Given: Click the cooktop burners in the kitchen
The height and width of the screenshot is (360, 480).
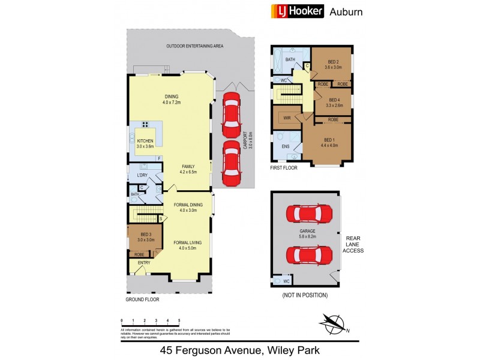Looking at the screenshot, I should click(x=145, y=125).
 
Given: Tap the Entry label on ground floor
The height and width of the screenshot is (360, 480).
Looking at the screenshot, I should click(x=144, y=263).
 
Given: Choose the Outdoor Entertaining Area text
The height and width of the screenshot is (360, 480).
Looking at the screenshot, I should click(x=194, y=46).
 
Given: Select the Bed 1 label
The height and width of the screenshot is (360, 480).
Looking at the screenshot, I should click(x=329, y=142).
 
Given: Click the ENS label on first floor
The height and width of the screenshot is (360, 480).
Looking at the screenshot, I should click(x=286, y=146).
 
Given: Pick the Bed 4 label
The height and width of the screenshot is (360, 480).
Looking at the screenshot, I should click(x=334, y=102).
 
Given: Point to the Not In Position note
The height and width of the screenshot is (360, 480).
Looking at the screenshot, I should click(x=304, y=295).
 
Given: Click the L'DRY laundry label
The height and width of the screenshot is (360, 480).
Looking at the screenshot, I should click(x=142, y=175).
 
